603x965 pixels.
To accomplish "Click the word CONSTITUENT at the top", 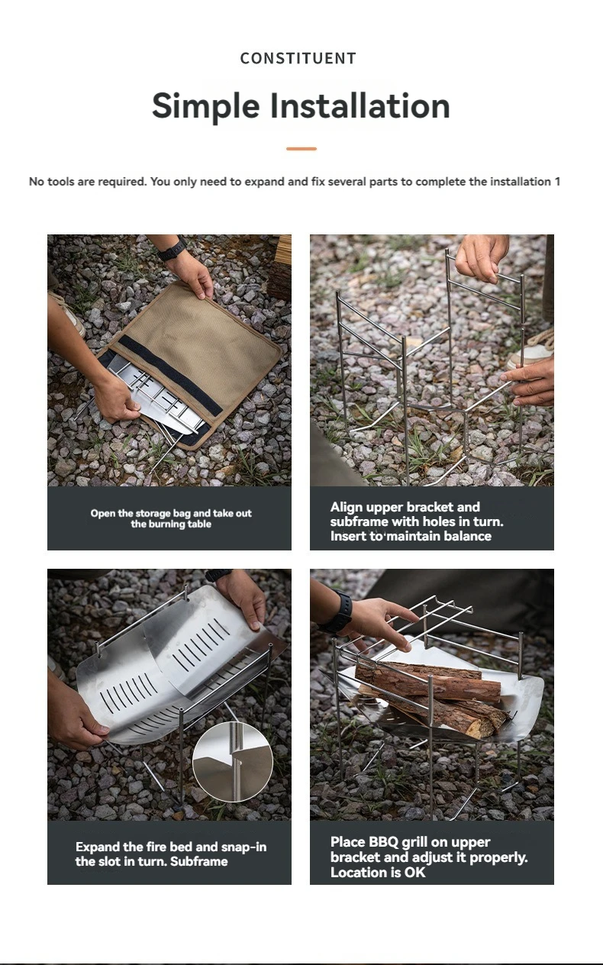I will click(x=298, y=58).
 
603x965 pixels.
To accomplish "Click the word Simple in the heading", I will click(x=205, y=105).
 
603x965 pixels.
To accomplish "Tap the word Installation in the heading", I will click(x=360, y=105).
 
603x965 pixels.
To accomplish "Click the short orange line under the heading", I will click(x=301, y=149).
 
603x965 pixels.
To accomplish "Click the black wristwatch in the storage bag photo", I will click(x=172, y=249).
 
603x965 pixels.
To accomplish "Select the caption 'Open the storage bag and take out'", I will click(x=171, y=513).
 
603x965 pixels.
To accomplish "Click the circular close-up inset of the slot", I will click(x=232, y=760).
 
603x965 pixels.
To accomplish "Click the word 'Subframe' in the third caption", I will click(x=200, y=861).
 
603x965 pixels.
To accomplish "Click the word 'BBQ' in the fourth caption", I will click(x=384, y=842).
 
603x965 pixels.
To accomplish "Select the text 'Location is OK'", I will click(x=378, y=872).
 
